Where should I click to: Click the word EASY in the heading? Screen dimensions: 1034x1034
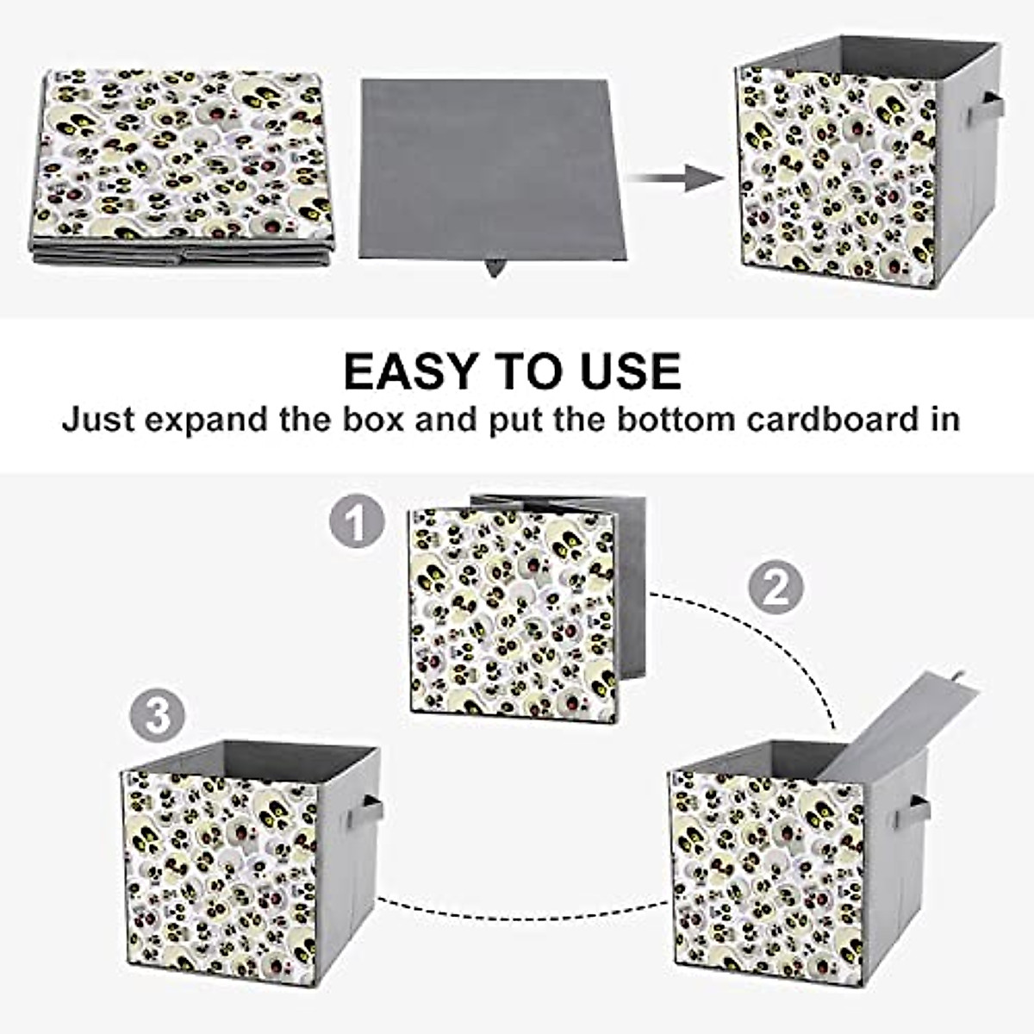410,371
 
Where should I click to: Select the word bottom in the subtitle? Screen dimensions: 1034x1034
671,420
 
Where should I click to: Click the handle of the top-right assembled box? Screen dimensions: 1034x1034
985,109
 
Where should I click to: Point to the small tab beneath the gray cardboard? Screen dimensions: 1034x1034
495,267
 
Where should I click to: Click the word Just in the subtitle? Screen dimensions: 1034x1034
97,420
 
